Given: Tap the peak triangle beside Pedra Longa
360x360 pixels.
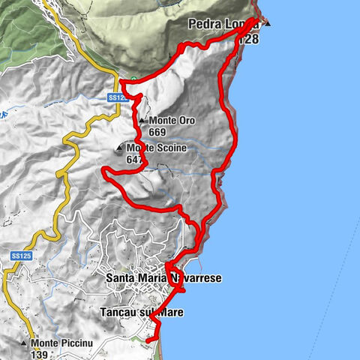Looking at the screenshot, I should (x=268, y=23).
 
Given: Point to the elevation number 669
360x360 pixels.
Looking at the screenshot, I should (x=157, y=132).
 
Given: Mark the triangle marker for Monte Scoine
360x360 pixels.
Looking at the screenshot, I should (x=117, y=148).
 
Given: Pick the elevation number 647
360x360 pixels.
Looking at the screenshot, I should (x=134, y=159).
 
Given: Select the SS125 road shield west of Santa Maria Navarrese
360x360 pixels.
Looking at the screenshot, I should (x=20, y=256).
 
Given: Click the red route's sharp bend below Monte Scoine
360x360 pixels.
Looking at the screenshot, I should (x=106, y=173).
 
